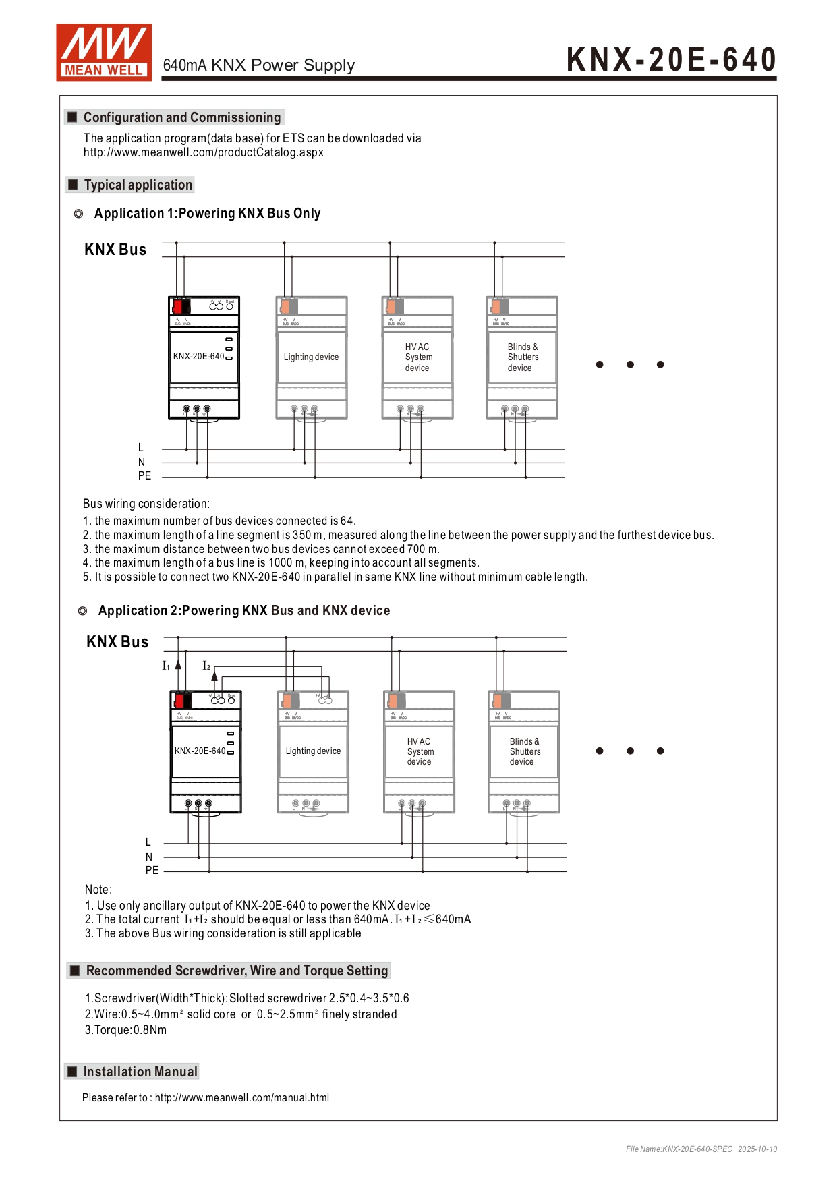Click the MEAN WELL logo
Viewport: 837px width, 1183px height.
(x=104, y=53)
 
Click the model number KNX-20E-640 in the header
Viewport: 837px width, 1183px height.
(x=671, y=59)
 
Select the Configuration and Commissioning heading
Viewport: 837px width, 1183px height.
(x=181, y=117)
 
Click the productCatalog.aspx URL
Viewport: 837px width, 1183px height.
(x=203, y=152)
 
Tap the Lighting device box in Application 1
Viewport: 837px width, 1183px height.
(x=311, y=357)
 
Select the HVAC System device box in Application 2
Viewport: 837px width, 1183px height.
(x=420, y=751)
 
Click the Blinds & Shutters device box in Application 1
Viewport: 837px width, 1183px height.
(x=523, y=357)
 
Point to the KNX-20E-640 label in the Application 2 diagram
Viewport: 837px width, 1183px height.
(x=200, y=751)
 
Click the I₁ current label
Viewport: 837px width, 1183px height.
(x=166, y=666)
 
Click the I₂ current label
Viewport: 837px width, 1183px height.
(x=206, y=666)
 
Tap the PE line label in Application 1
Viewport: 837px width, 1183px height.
(x=144, y=476)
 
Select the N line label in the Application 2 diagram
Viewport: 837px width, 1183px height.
(x=149, y=857)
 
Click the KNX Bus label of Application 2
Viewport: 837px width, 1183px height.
(x=117, y=642)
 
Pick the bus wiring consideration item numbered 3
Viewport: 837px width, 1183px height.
(x=261, y=549)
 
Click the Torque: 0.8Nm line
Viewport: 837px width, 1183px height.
(x=125, y=1030)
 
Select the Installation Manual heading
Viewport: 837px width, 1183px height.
(x=140, y=1072)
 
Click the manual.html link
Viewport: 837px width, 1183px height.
(x=241, y=1097)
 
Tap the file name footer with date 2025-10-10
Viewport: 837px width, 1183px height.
(x=701, y=1149)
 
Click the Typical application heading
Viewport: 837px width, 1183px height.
(x=138, y=185)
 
